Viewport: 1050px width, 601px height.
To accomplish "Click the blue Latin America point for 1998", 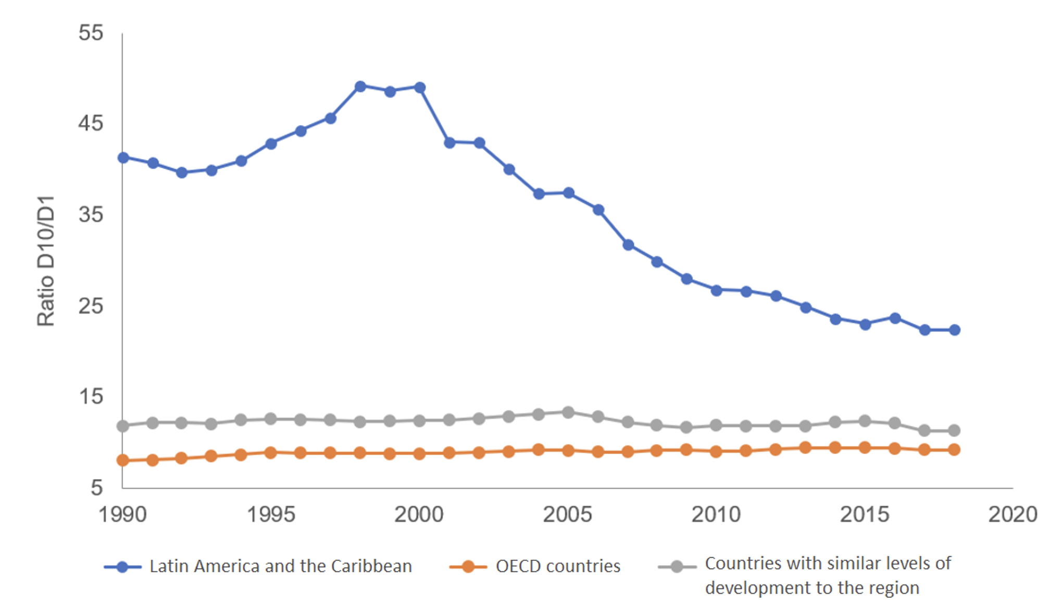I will [x=360, y=86].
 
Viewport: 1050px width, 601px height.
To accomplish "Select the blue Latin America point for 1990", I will [x=123, y=158].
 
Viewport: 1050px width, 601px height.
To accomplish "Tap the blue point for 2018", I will [x=954, y=330].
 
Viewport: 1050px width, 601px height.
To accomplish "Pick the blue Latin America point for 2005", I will [x=569, y=193].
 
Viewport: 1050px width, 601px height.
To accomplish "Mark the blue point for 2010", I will [x=717, y=290].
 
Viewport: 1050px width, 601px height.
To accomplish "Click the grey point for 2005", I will [x=568, y=412].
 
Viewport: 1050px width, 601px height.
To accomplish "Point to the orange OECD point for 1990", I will [x=123, y=460].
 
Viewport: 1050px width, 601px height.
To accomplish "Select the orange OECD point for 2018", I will [x=954, y=449].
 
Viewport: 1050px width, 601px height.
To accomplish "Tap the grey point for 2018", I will [x=954, y=430].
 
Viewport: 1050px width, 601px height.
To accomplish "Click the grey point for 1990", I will [x=123, y=426].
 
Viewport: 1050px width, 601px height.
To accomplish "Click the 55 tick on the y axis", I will [x=91, y=33].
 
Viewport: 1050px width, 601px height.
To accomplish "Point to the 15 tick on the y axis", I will [x=91, y=397].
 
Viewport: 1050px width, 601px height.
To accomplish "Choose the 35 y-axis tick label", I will [x=91, y=215].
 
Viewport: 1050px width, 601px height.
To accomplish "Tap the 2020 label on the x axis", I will [x=1013, y=515].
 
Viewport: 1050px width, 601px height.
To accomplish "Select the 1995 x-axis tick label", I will [x=271, y=515].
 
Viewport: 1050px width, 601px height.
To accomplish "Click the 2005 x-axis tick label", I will [x=567, y=515].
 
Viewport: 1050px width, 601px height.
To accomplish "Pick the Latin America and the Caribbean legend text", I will [x=280, y=566].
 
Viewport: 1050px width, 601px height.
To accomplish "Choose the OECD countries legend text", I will [x=558, y=566].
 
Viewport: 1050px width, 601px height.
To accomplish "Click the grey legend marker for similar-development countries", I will [x=677, y=567].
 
